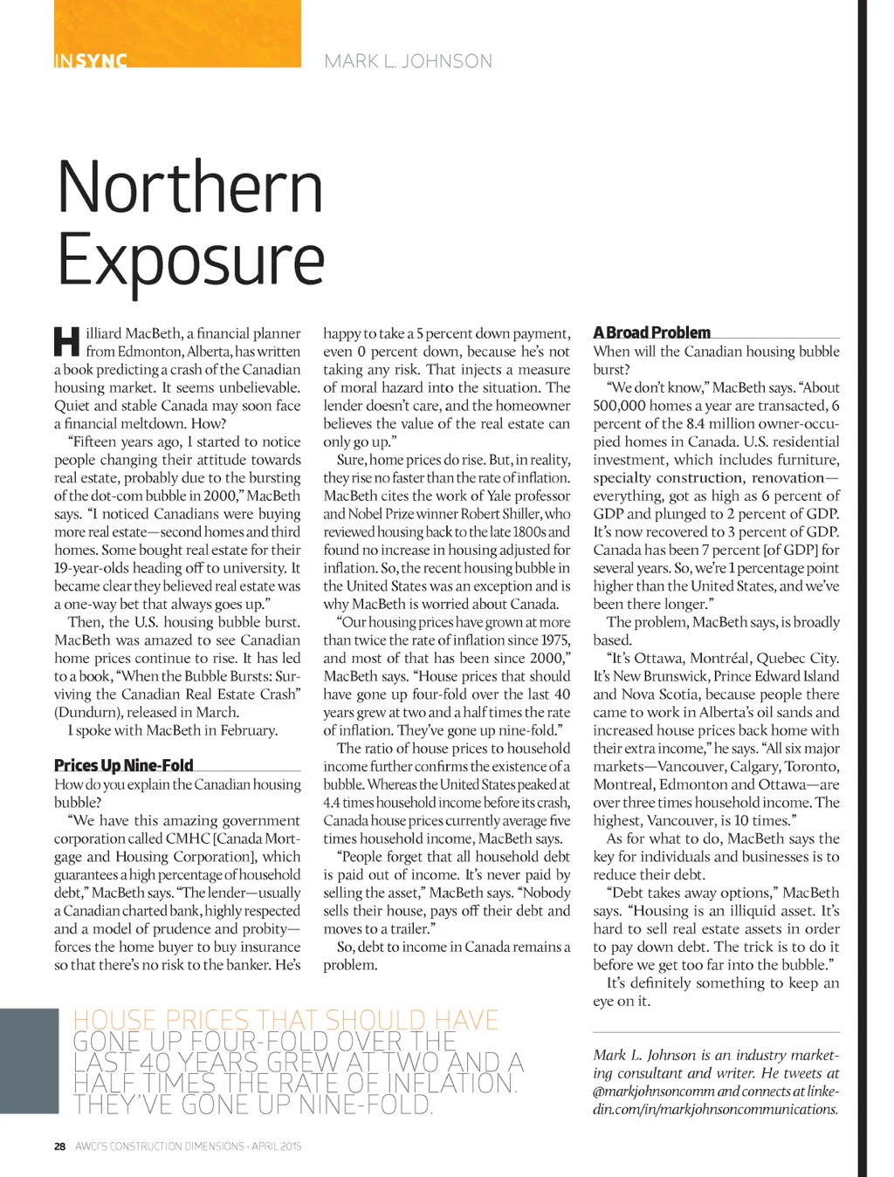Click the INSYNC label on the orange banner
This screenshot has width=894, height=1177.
(91, 61)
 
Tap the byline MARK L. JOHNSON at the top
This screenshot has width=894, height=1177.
(408, 61)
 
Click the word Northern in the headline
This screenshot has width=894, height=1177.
(190, 187)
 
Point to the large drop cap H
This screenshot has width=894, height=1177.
(67, 342)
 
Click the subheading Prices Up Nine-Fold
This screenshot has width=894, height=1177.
(124, 765)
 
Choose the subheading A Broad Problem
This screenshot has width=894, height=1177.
(651, 332)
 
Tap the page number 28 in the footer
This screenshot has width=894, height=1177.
(59, 1146)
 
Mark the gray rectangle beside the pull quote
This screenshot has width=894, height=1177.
(30, 1061)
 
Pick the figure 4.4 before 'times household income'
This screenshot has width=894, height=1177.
(331, 803)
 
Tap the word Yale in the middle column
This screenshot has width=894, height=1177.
(499, 496)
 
